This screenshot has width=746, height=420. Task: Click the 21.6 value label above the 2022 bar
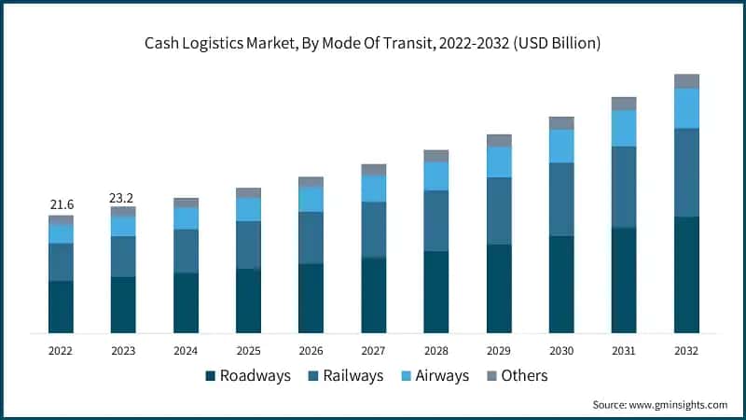[61, 204]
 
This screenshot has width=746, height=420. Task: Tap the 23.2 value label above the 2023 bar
[123, 198]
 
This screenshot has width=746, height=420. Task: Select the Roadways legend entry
[248, 375]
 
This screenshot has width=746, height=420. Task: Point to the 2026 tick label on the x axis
[311, 351]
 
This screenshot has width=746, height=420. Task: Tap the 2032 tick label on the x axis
[686, 351]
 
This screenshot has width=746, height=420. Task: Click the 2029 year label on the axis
[499, 351]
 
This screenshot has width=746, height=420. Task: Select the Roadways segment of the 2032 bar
[686, 274]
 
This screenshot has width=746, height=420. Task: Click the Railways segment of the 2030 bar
[561, 199]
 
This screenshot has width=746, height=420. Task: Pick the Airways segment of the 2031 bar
[624, 128]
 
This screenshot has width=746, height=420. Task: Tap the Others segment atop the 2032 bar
[686, 80]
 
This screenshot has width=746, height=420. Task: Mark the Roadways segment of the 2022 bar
[61, 306]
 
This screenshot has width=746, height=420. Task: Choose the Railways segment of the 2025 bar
[248, 245]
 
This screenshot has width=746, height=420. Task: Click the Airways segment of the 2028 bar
[435, 175]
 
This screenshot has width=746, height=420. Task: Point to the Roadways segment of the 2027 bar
[373, 295]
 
